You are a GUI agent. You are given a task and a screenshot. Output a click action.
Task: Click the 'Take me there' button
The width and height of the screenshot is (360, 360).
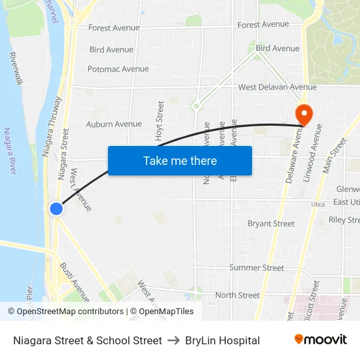[179, 160]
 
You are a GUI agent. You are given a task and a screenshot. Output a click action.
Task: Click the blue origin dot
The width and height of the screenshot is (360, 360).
[56, 208]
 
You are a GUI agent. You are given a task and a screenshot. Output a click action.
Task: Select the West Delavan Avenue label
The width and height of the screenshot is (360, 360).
[277, 87]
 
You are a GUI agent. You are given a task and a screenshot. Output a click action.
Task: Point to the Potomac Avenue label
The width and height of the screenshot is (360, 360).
[118, 69]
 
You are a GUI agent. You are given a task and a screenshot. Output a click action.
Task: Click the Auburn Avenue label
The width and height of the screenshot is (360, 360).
[113, 124]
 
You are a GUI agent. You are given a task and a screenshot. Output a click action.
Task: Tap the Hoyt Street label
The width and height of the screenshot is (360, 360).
[159, 120]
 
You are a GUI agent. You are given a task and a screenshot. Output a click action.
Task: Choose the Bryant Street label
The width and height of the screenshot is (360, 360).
[270, 224]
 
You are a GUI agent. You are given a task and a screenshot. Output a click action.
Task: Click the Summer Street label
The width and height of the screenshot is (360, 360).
[256, 268]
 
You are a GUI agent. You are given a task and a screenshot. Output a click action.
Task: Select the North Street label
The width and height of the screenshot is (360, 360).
[237, 295]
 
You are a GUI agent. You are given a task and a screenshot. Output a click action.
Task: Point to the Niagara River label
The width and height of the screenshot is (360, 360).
[9, 151]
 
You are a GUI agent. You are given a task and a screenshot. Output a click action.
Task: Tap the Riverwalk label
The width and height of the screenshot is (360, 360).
[16, 69]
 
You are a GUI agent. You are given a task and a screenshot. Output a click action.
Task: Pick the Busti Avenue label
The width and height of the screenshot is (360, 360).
[74, 281]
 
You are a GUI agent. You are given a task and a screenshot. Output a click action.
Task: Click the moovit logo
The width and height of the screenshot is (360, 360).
[320, 340]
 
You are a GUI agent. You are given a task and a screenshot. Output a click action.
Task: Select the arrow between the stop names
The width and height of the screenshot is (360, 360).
[173, 340]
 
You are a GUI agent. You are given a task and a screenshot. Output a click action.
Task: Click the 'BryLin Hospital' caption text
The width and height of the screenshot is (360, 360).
[222, 340]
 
